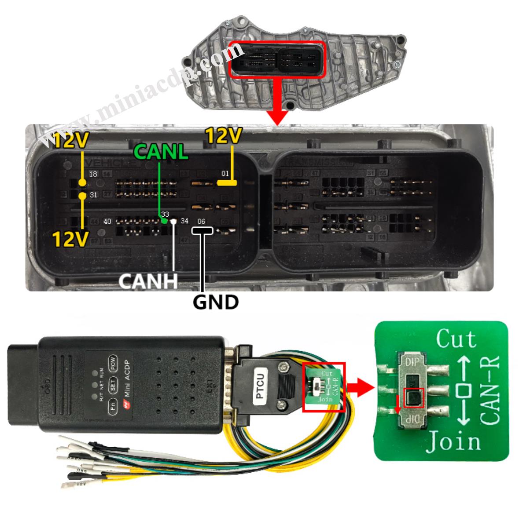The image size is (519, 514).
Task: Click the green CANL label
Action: (x=161, y=151)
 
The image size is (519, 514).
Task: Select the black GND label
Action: (x=216, y=302)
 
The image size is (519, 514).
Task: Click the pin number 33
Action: (x=165, y=215)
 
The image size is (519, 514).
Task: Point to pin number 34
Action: (x=184, y=221)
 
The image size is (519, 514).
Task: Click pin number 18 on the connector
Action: (x=93, y=175)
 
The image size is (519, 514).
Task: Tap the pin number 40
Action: (x=107, y=221)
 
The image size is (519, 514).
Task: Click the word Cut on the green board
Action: (x=455, y=339)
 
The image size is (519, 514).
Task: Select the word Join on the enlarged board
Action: (x=453, y=441)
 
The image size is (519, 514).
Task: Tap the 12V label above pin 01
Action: (x=223, y=136)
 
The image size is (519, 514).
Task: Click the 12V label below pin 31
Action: (x=70, y=238)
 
